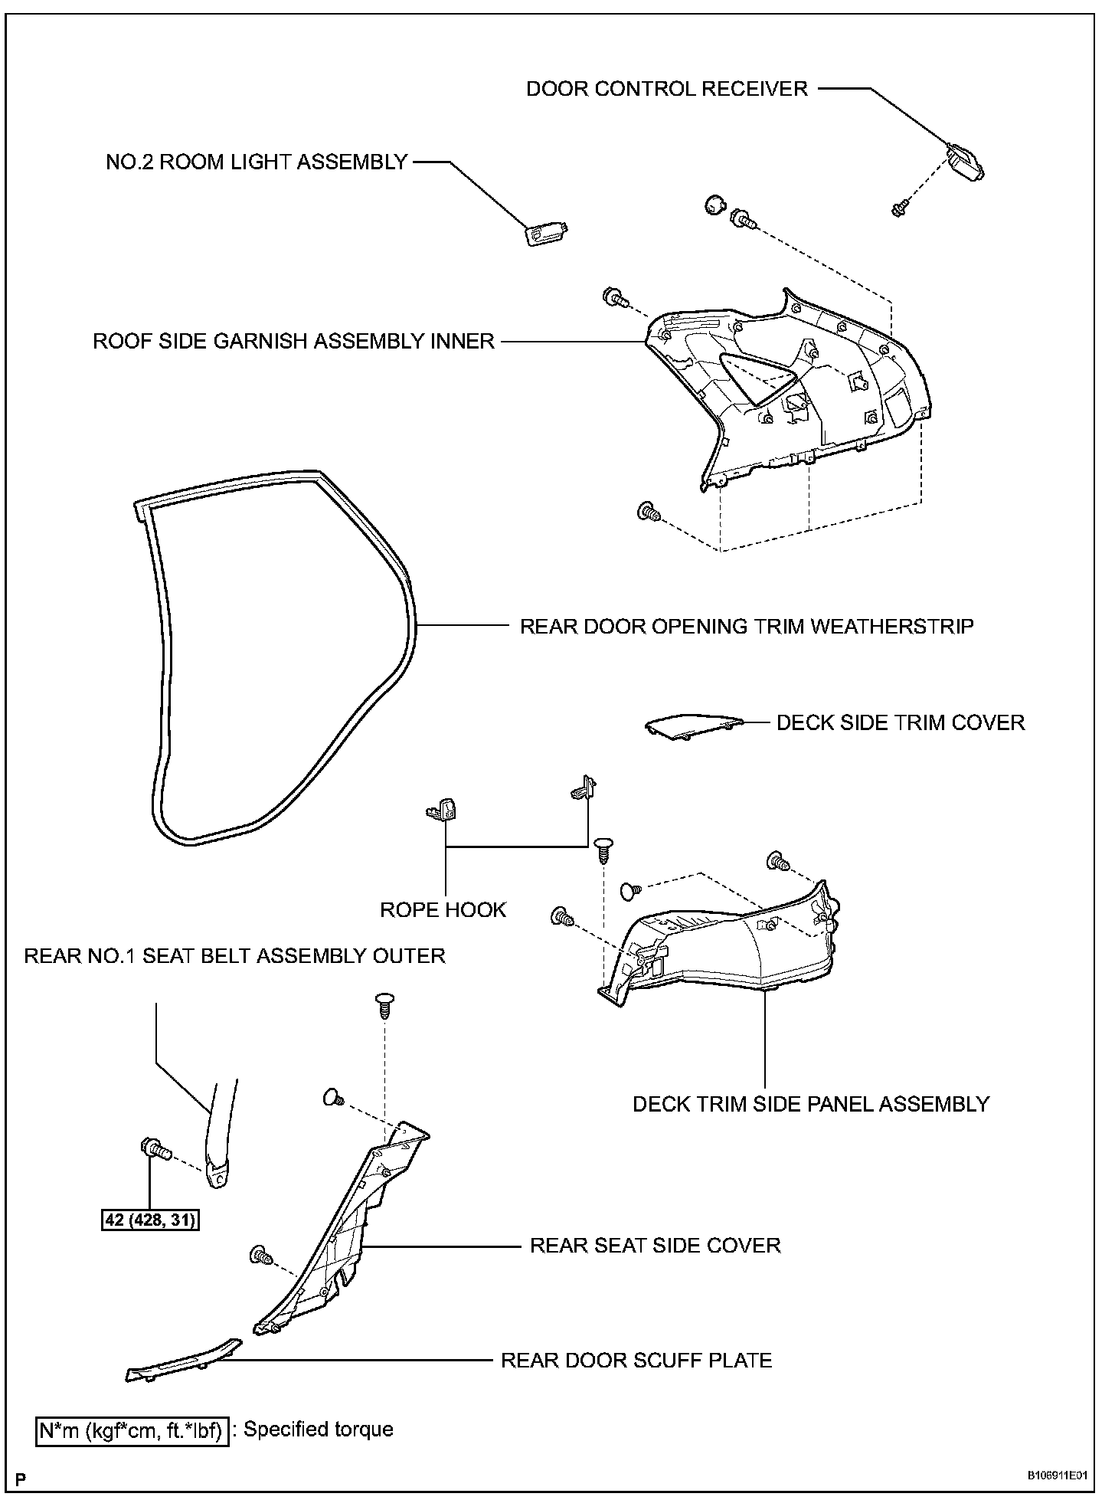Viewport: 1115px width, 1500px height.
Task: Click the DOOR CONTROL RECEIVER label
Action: click(x=666, y=89)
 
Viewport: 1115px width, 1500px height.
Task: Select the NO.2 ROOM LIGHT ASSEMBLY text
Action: click(x=257, y=162)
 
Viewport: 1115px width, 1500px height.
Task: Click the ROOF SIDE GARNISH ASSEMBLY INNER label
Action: click(x=294, y=341)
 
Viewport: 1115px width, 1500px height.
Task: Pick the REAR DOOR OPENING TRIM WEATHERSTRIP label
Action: click(x=747, y=626)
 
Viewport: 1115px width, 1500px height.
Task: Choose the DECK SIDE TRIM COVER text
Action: click(x=901, y=722)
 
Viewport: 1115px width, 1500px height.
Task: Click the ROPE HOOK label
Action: click(x=443, y=909)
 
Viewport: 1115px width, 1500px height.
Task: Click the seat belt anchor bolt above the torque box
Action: click(x=153, y=1148)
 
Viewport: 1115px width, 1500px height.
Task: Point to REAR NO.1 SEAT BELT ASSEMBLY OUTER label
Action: click(x=234, y=956)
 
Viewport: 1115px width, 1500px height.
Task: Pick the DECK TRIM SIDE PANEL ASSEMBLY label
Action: click(x=811, y=1104)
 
